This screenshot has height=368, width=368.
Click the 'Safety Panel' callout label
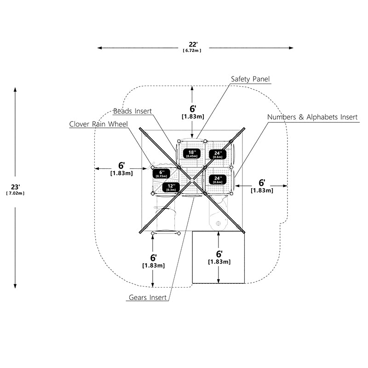(250, 79)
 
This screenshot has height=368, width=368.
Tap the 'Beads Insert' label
(132, 111)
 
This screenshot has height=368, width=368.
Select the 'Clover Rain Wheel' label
(98, 124)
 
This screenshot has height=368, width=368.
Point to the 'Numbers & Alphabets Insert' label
(312, 117)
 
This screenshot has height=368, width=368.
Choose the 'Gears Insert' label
(148, 297)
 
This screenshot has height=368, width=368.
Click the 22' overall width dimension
(193, 44)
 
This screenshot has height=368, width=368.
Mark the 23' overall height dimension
(16, 187)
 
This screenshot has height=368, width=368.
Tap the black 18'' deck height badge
(192, 154)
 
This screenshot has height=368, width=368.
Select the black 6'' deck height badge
(161, 174)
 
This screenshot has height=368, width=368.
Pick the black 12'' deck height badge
(171, 188)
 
